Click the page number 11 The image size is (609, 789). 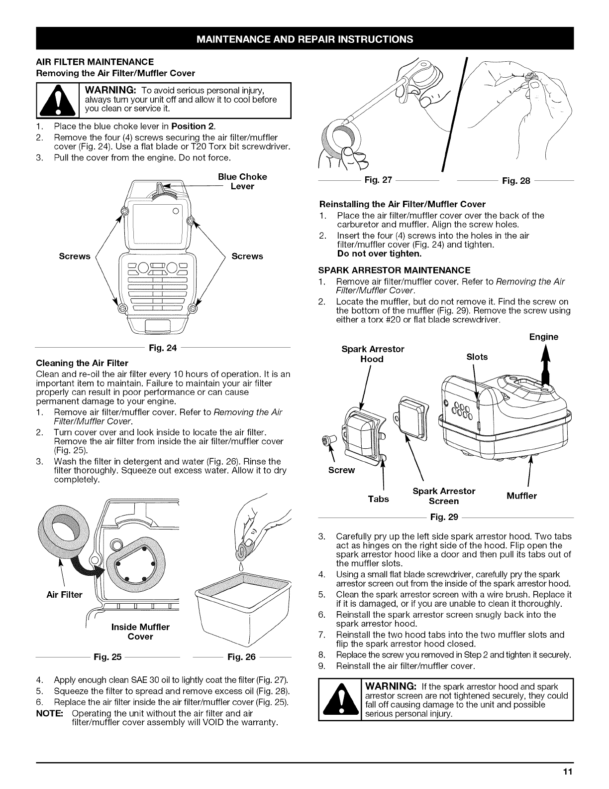[x=568, y=773]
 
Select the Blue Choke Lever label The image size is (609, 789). [x=242, y=181]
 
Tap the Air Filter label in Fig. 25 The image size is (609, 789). [x=64, y=594]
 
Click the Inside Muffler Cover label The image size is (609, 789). [x=141, y=632]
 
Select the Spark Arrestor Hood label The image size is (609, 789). [x=373, y=354]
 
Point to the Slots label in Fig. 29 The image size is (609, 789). [x=477, y=357]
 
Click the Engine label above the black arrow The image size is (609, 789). [x=543, y=337]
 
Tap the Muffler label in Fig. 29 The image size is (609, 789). [x=521, y=496]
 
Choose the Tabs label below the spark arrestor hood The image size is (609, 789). [x=378, y=499]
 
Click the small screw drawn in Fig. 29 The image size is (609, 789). [x=327, y=439]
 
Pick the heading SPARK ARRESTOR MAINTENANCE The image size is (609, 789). [x=395, y=270]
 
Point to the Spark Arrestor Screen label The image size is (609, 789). [x=444, y=496]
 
